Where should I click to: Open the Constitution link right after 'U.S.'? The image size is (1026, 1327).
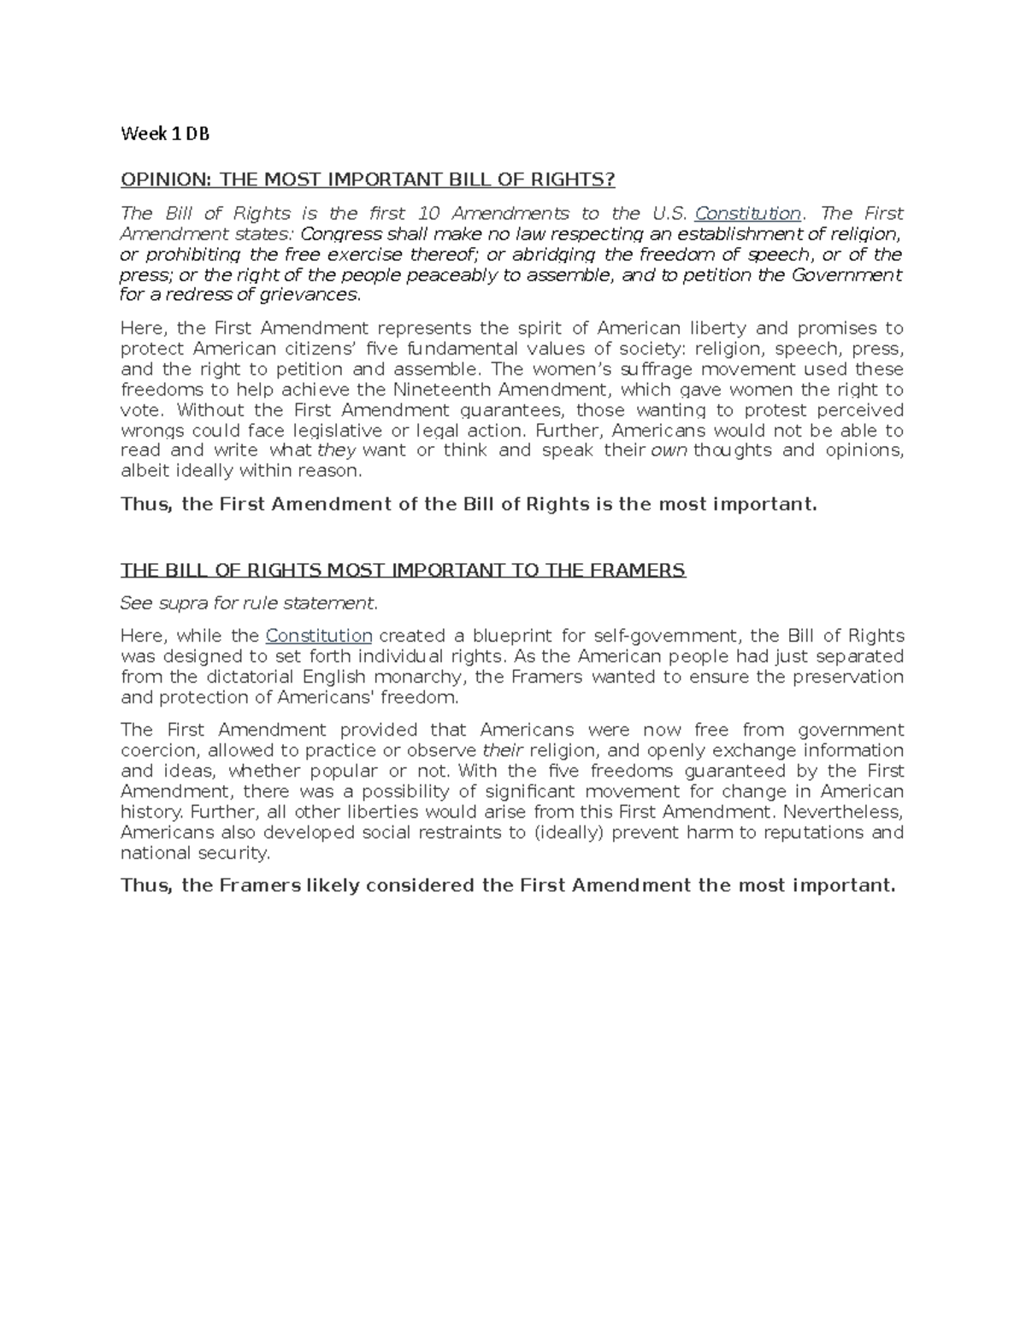coord(748,213)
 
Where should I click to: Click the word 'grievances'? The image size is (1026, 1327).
coord(315,295)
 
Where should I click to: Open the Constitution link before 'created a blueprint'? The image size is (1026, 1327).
coord(319,636)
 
